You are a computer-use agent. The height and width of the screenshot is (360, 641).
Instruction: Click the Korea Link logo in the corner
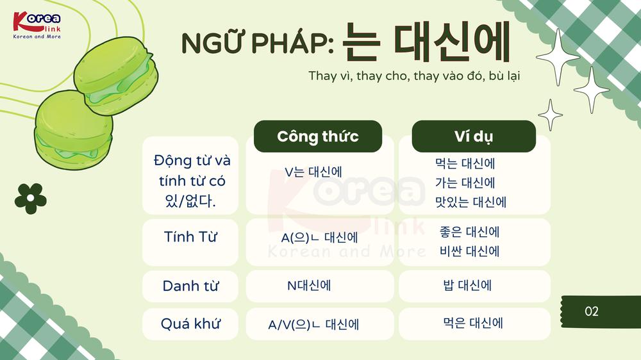[x=37, y=26]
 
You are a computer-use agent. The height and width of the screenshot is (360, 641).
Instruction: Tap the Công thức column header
[x=318, y=136]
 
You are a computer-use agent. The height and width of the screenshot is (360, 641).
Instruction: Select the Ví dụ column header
[x=474, y=136]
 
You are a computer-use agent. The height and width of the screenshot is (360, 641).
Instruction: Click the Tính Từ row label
[x=190, y=236]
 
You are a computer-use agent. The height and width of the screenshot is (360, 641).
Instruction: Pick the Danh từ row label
[x=190, y=286]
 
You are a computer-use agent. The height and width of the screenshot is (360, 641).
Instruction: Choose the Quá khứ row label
[x=190, y=323]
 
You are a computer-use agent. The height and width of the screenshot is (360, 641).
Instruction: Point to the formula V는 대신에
[x=313, y=172]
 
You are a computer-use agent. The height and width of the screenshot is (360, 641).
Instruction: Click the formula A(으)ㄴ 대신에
[x=320, y=238]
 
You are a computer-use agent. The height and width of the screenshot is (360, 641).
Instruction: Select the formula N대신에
[x=309, y=285]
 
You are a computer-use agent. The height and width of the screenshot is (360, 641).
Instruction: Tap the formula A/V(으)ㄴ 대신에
[x=313, y=325]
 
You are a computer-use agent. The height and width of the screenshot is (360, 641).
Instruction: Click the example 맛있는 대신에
[x=471, y=202]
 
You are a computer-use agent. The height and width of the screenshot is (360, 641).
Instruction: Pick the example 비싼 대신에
[x=470, y=251]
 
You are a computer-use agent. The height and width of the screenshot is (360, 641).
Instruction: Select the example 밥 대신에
[x=467, y=285]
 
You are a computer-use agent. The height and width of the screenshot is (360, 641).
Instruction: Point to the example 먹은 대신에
[x=473, y=323]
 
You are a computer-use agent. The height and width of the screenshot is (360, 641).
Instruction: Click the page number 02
[x=592, y=311]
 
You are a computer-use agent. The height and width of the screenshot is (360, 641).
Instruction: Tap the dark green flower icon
[x=31, y=199]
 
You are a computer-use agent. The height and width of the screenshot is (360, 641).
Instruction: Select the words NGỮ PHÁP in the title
[x=258, y=43]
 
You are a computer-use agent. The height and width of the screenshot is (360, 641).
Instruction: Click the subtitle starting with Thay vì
[x=414, y=76]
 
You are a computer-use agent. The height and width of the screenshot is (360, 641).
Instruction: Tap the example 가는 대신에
[x=465, y=183]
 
